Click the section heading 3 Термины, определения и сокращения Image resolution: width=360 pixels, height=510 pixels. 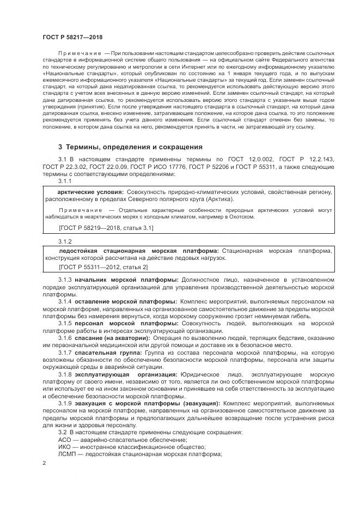[x=130, y=147]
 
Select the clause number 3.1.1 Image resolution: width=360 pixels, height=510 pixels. [x=65, y=180]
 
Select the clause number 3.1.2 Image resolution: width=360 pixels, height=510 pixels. [x=65, y=241]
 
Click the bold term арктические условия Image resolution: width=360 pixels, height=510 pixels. [x=90, y=192]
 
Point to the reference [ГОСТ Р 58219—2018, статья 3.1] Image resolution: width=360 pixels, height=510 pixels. [x=106, y=228]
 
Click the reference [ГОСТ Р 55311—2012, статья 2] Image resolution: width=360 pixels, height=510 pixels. [x=102, y=267]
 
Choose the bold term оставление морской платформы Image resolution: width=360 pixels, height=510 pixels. [x=126, y=301]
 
